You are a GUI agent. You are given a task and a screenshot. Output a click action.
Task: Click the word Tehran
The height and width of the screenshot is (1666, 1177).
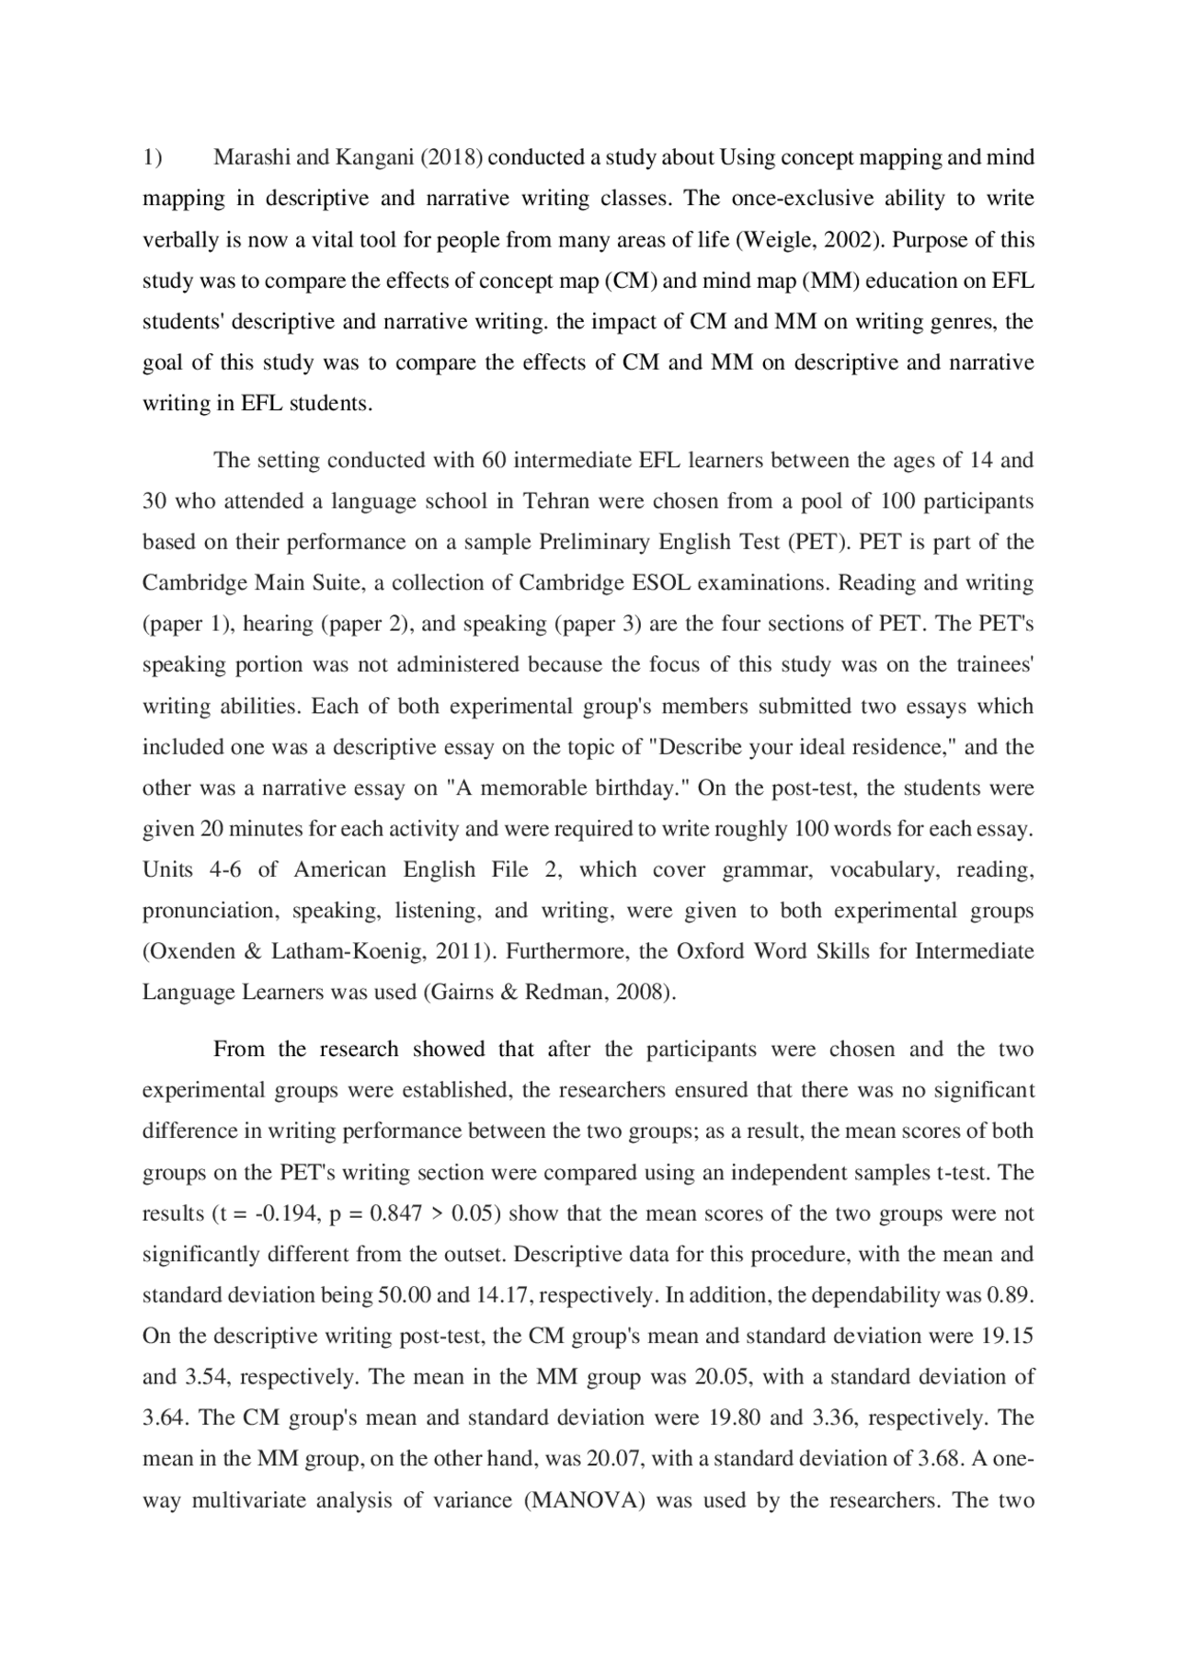pos(556,500)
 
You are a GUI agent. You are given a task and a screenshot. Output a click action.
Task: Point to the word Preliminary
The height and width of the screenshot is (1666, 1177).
pos(595,542)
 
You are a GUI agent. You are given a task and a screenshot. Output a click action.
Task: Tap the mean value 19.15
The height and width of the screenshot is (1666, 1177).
pos(1008,1336)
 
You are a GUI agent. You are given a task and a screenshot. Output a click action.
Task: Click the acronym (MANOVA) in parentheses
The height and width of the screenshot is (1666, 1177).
pos(585,1500)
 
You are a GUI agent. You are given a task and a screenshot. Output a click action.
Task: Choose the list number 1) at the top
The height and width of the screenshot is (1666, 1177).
pos(152,157)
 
